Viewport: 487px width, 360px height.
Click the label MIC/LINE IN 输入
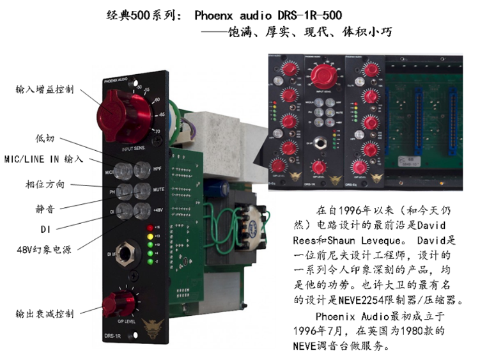pyautogui.click(x=43, y=158)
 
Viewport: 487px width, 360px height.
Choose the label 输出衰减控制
pyautogui.click(x=45, y=314)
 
